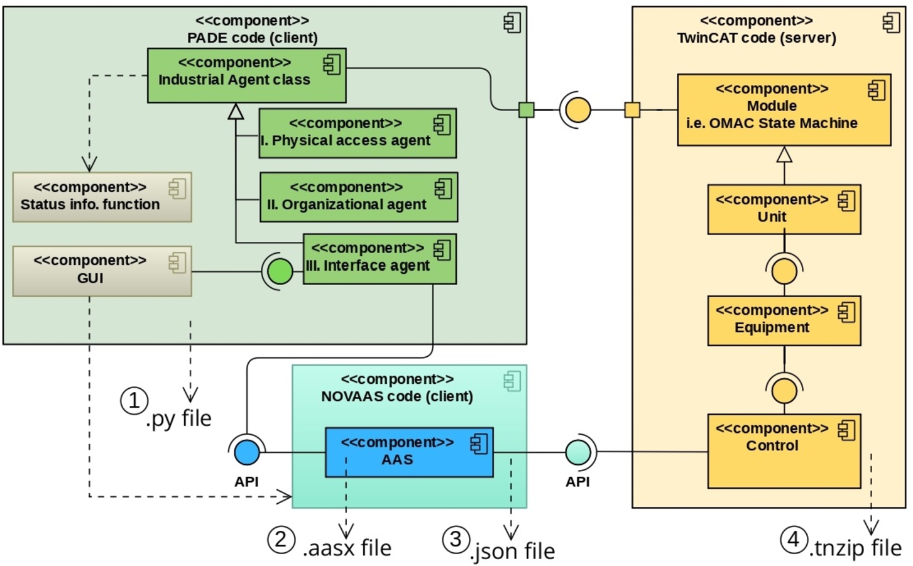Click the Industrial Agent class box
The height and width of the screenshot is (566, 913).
246,75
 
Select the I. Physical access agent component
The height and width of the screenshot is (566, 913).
357,133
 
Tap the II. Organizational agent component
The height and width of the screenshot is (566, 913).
358,197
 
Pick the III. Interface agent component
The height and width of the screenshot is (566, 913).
380,259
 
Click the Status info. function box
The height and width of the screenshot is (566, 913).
102,197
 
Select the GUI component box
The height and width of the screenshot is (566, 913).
102,271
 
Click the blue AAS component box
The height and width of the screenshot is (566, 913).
409,452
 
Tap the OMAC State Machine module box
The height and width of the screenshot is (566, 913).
784,110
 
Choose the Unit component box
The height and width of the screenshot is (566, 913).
784,209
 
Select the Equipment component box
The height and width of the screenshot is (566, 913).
784,320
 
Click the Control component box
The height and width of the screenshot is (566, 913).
784,450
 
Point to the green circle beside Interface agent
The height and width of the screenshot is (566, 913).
280,271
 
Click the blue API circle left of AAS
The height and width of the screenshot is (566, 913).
246,452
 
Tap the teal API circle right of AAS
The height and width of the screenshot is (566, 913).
577,452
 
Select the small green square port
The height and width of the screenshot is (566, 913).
526,110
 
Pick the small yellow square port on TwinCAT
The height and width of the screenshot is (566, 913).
631,110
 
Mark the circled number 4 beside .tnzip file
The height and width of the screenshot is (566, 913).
794,539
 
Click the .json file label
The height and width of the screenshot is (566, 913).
513,551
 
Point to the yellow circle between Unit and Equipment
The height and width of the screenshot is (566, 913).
784,271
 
